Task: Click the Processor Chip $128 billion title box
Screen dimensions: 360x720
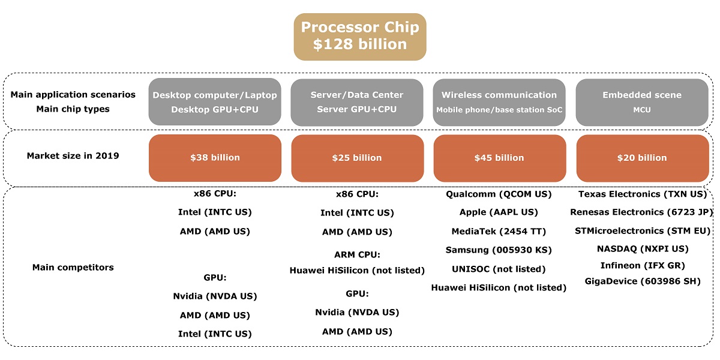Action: [360, 37]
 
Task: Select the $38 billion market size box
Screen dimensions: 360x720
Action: [215, 158]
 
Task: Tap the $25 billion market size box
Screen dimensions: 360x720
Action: [357, 158]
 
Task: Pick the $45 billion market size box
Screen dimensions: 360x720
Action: [499, 158]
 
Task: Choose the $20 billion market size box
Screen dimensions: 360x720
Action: [642, 158]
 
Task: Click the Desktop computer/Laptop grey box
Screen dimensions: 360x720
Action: [215, 102]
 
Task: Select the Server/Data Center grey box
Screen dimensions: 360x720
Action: [357, 102]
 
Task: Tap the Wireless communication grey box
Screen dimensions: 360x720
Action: [499, 102]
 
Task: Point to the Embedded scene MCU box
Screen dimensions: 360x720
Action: [642, 102]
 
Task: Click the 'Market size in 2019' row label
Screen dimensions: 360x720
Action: [73, 156]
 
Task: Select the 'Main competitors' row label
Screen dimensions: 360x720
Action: [73, 267]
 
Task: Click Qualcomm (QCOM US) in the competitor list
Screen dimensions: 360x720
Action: [499, 194]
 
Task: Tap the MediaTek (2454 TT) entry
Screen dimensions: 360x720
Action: [499, 232]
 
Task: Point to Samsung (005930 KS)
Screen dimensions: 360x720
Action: [499, 250]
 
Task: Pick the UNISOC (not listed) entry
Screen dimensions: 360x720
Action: [499, 269]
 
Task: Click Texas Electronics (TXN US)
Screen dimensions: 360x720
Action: [642, 194]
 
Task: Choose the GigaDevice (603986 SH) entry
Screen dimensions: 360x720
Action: [642, 281]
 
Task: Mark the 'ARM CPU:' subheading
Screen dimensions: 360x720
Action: [357, 255]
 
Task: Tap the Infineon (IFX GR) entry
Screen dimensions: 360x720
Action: [642, 265]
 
